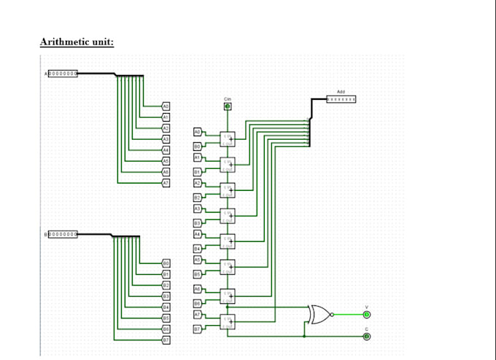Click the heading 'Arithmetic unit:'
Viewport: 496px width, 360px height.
(x=77, y=42)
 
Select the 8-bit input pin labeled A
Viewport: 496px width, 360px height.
(x=63, y=74)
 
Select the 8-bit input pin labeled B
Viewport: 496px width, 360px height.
(x=61, y=235)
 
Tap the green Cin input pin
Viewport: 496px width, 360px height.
(x=228, y=107)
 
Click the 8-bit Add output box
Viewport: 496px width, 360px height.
(x=341, y=98)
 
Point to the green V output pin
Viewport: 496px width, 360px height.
(x=367, y=314)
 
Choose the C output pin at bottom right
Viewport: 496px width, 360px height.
(x=367, y=336)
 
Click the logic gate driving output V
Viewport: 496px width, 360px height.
(x=319, y=314)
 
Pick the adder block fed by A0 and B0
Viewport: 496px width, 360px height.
(x=228, y=138)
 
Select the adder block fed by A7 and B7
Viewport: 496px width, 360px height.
(x=228, y=321)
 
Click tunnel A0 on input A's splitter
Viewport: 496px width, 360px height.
(x=166, y=106)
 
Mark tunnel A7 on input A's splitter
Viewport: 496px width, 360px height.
(x=166, y=181)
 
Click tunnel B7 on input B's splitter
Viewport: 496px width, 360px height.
(x=166, y=340)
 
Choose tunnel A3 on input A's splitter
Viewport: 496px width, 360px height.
(x=166, y=138)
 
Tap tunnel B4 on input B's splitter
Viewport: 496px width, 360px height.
(x=166, y=307)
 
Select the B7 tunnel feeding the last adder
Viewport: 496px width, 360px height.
(x=197, y=329)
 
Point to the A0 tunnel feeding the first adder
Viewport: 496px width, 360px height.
(x=197, y=131)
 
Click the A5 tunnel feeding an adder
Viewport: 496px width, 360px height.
(x=197, y=259)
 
